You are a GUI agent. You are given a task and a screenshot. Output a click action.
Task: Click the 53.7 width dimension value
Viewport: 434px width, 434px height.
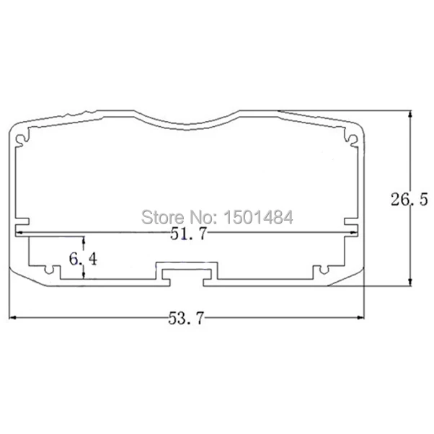(186, 318)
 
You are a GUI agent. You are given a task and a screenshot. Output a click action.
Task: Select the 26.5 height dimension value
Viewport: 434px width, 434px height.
(409, 199)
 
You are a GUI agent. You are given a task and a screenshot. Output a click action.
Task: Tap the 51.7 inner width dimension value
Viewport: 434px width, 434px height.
(188, 234)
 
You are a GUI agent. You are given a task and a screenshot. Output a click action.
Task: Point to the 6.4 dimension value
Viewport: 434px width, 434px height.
(83, 260)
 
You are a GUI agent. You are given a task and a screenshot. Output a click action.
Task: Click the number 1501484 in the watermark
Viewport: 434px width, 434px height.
(258, 217)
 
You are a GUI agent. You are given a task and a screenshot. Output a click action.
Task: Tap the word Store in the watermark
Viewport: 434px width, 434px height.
(162, 217)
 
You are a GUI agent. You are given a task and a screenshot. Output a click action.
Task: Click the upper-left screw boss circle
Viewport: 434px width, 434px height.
(21, 139)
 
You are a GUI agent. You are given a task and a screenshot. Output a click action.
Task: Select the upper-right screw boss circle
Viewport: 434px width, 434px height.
(353, 139)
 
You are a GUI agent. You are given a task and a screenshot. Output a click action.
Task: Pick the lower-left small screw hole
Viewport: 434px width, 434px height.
(49, 270)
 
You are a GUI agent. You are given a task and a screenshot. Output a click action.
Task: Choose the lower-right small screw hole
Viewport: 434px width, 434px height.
(324, 270)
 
